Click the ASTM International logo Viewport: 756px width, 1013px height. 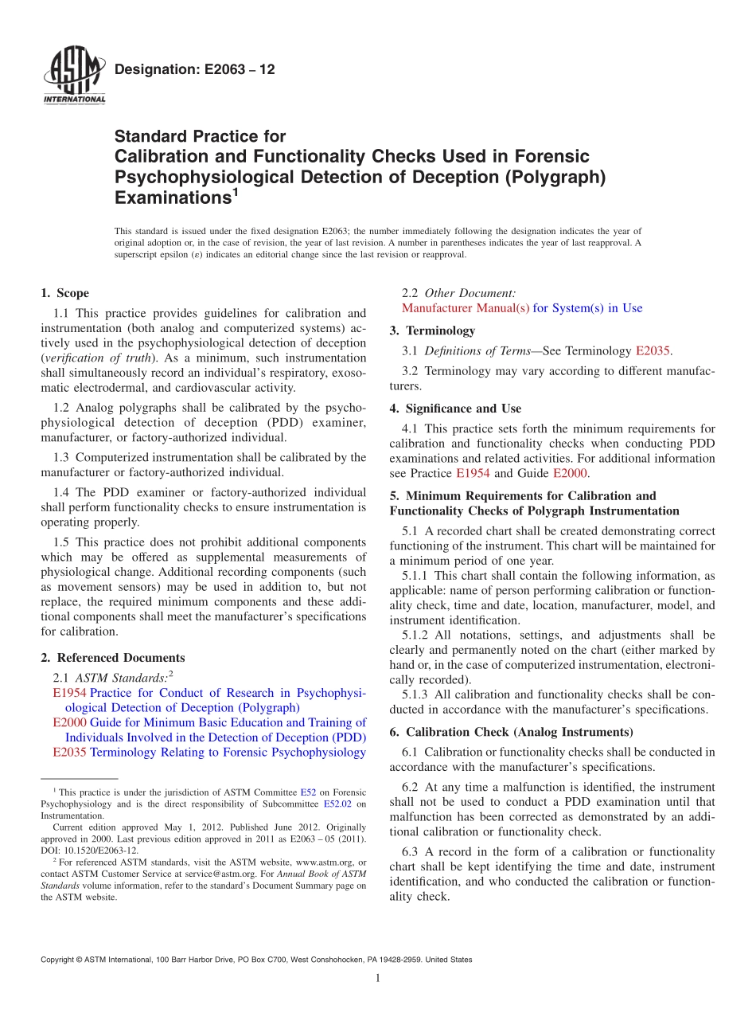[73, 77]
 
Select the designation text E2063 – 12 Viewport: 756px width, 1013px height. [195, 69]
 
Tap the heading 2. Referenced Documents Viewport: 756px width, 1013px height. [113, 658]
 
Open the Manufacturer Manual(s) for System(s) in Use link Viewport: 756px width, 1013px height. [521, 308]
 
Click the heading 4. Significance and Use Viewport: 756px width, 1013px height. [455, 409]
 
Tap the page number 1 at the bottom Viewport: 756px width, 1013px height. [378, 978]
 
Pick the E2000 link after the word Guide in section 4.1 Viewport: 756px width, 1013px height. [571, 473]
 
